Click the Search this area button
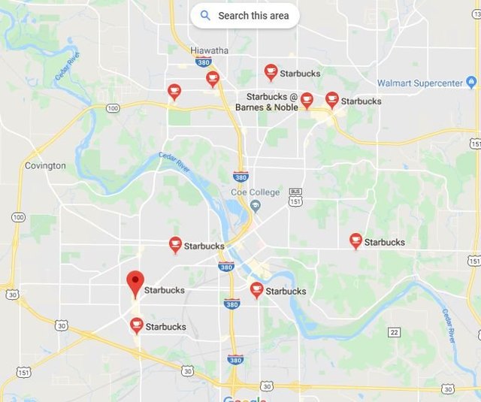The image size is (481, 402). click(244, 15)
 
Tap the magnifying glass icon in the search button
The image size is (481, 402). click(205, 15)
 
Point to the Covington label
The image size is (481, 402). click(45, 165)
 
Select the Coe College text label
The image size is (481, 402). click(255, 192)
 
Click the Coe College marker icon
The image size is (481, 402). click(256, 206)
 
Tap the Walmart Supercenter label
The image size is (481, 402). click(425, 83)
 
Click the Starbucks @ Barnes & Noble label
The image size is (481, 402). click(266, 102)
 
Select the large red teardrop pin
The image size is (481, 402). click(135, 283)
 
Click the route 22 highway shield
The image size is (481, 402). click(394, 332)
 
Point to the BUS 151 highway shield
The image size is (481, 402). click(295, 196)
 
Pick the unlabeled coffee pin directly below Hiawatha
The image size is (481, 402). click(213, 78)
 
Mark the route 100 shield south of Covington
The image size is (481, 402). click(18, 217)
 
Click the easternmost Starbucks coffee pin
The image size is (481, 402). click(356, 240)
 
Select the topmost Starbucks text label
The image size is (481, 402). click(300, 74)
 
